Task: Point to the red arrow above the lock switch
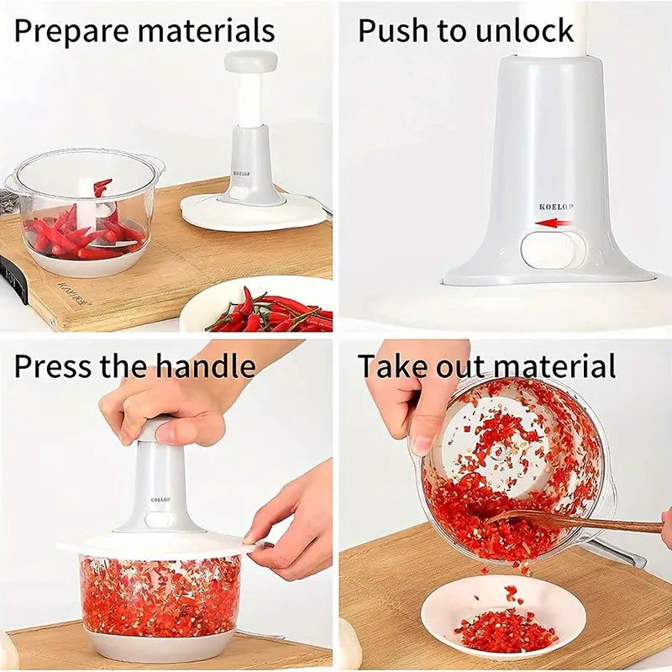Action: click(555, 223)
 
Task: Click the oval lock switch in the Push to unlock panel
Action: click(553, 250)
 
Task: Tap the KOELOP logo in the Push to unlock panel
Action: click(557, 206)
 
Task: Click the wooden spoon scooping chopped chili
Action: click(580, 522)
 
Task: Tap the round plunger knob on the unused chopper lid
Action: click(250, 60)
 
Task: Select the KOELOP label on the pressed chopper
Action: click(161, 499)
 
